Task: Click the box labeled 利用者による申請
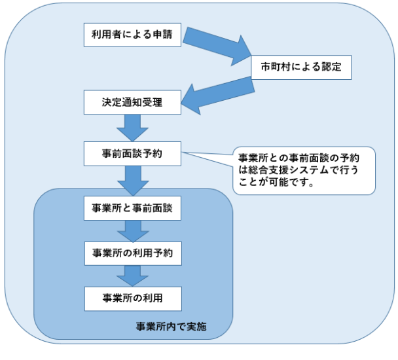coord(132,35)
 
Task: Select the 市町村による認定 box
coord(300,66)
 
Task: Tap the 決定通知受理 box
coord(132,103)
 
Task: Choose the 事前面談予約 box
coord(132,154)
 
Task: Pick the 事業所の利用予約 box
coord(132,252)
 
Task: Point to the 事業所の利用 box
coord(132,298)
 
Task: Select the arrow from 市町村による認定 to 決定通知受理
coord(216,94)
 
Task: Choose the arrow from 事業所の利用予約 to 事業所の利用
coord(132,275)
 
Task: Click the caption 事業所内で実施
coord(171,327)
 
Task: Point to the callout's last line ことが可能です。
coord(277,183)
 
